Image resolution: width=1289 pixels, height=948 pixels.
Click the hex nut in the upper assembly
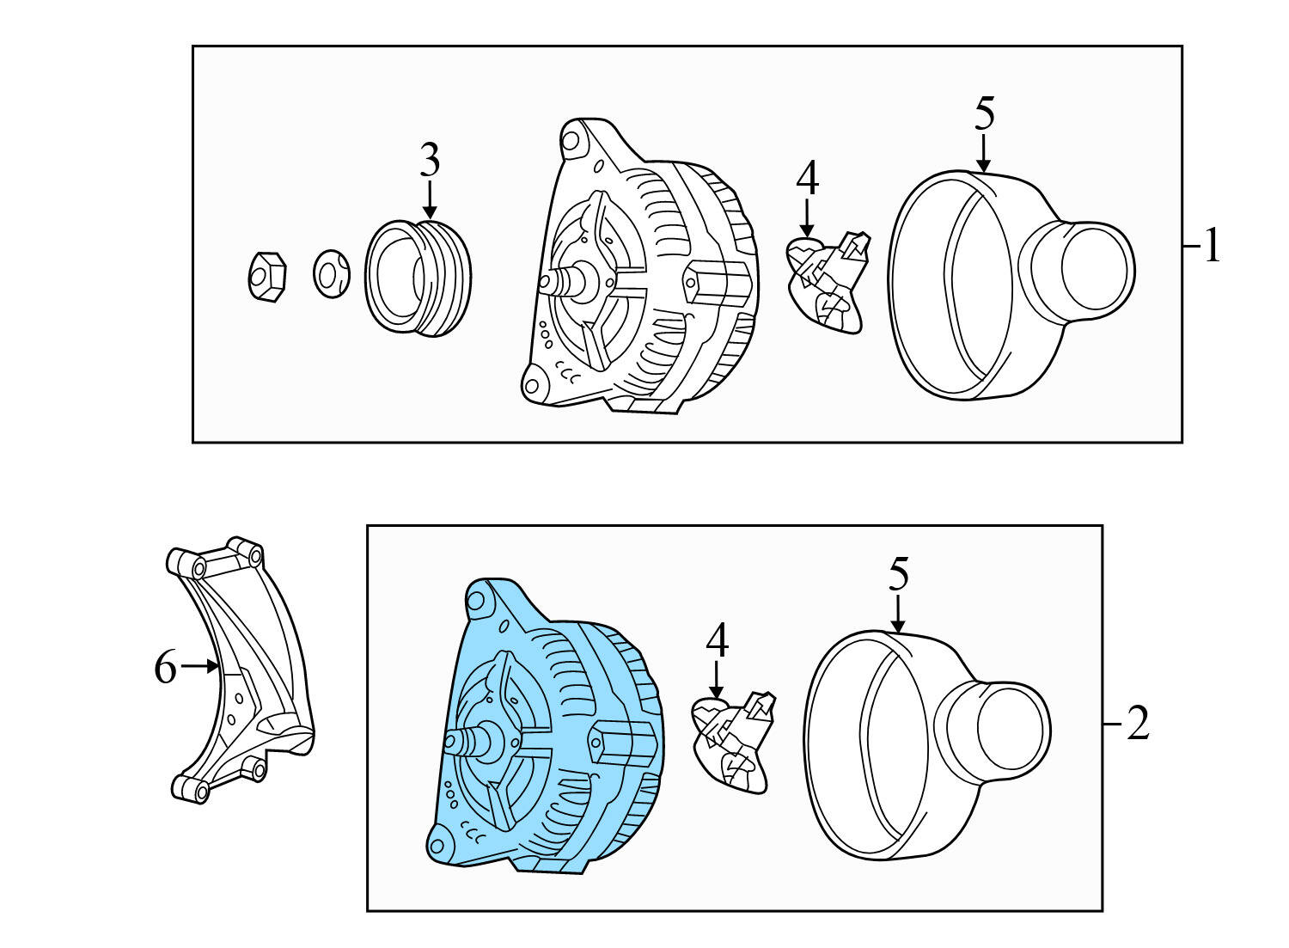pos(266,277)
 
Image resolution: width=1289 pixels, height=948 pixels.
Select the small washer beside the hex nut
pos(331,274)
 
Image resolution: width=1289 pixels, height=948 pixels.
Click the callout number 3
pos(430,161)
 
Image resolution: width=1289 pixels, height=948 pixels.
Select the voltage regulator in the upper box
pos(828,282)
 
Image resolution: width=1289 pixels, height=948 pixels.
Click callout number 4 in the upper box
pos(807,179)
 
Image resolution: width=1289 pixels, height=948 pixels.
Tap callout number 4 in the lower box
pos(717,640)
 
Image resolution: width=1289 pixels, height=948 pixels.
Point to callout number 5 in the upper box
pos(984,113)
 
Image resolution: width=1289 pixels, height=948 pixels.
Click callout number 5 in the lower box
pos(898,574)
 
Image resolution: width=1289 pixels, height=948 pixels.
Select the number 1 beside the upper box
pos(1212,247)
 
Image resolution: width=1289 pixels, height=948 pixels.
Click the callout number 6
pos(165,667)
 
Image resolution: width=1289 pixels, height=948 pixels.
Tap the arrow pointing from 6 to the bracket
pos(200,666)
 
